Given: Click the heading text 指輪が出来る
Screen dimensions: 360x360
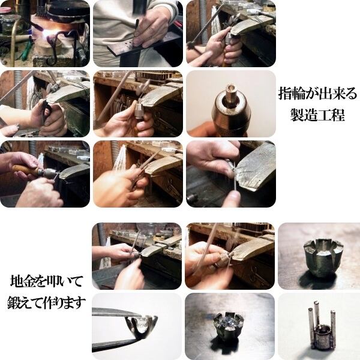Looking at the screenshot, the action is [318, 94].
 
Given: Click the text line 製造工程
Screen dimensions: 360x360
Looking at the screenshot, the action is [317, 115].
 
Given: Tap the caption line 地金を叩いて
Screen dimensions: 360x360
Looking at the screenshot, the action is [46, 281].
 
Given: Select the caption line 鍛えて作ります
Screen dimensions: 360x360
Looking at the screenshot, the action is [46, 302].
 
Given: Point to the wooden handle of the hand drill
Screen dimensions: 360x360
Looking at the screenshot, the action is [24, 170].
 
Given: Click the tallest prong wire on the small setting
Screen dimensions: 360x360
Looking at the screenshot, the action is [316, 312].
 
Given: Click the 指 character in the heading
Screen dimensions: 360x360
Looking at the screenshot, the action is [285, 94].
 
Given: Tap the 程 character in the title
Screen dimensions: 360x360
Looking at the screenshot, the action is [338, 115].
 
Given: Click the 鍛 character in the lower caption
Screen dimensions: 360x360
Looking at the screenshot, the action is [14, 302].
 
